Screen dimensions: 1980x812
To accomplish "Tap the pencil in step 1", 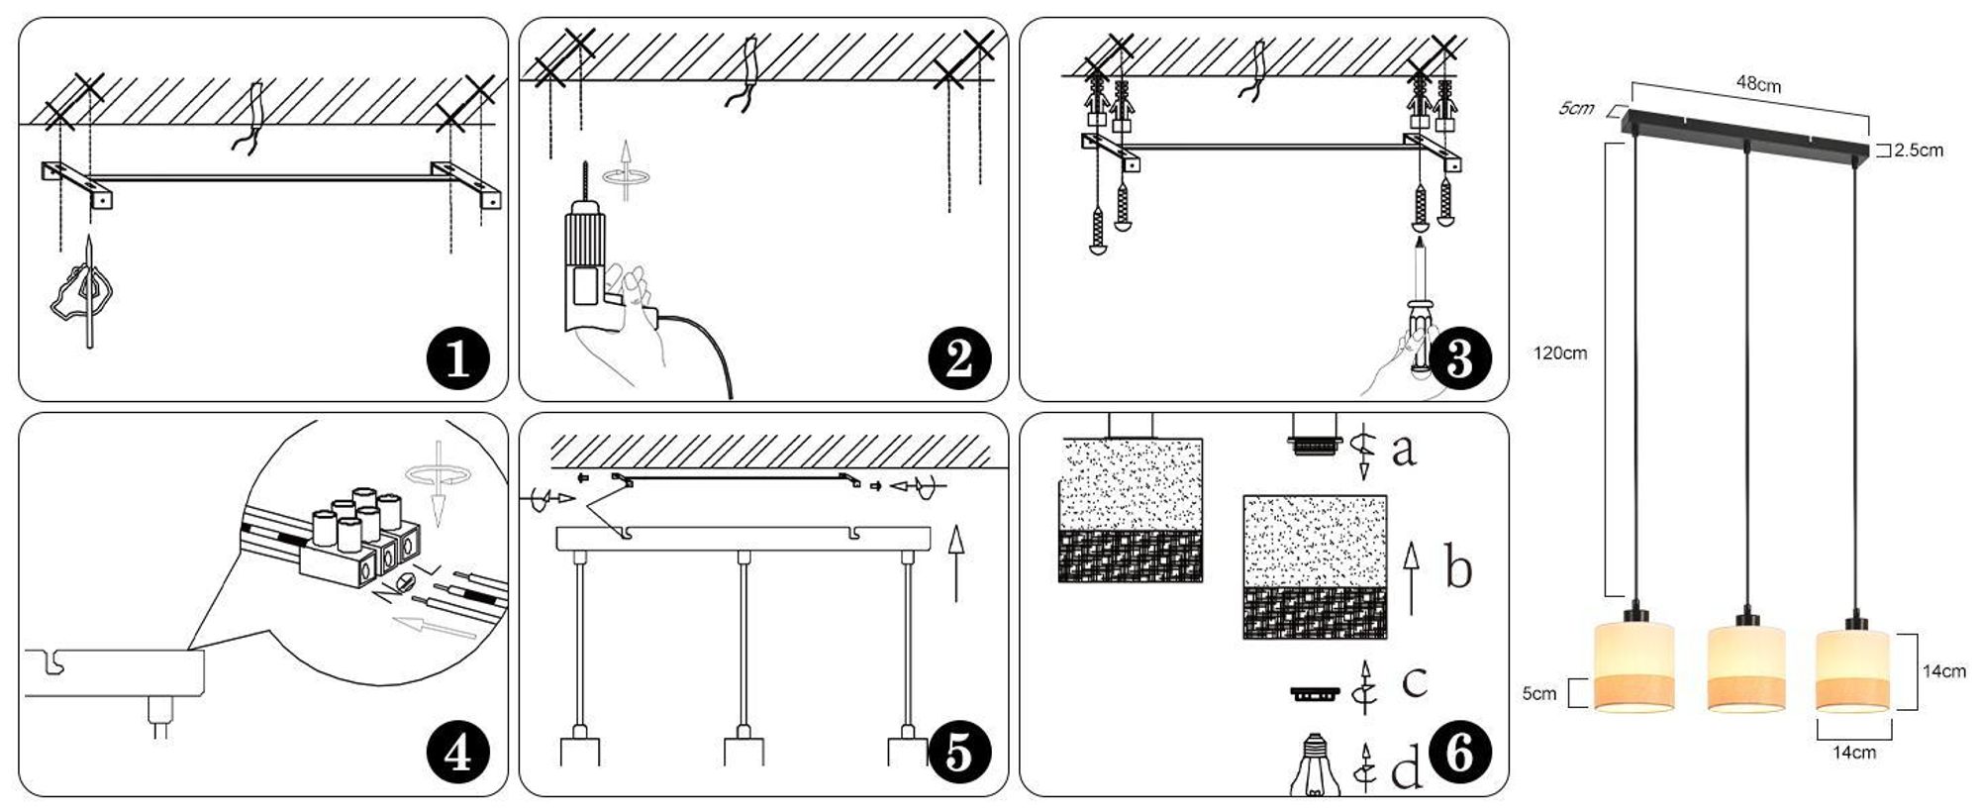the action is tap(88, 292).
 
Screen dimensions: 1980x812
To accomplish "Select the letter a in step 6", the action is tap(1404, 451).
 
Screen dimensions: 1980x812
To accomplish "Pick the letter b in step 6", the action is tap(1457, 567).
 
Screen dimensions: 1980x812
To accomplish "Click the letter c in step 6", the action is tap(1415, 682).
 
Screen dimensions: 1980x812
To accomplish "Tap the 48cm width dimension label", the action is tap(1758, 84).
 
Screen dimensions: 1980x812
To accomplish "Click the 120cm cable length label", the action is tap(1560, 353).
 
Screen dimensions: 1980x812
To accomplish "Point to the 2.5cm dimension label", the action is tap(1919, 151).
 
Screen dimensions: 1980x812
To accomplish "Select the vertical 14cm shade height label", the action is tap(1944, 671).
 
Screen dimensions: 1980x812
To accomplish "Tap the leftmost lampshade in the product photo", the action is tap(1633, 666).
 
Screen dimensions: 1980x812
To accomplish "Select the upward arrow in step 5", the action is tap(955, 563).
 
